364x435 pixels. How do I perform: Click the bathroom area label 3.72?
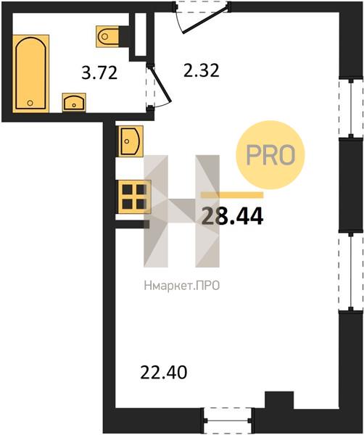(x=99, y=72)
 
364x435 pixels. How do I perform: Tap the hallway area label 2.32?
(x=202, y=70)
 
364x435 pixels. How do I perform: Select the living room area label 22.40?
(x=164, y=372)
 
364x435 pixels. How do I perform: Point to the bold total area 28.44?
(x=232, y=216)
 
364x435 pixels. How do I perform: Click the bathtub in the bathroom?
(x=30, y=73)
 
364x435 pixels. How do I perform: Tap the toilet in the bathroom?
(x=109, y=36)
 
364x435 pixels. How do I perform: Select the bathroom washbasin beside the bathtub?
(x=74, y=102)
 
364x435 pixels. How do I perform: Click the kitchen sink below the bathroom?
(x=131, y=141)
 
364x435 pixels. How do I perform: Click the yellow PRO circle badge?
(x=270, y=155)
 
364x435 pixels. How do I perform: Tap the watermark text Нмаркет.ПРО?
(x=182, y=286)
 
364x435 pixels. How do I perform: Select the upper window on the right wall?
(x=351, y=108)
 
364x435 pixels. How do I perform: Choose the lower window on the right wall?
(x=351, y=272)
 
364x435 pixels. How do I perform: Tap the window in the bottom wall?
(x=229, y=420)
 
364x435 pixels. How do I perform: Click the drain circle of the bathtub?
(x=30, y=103)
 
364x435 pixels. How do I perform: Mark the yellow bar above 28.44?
(x=232, y=195)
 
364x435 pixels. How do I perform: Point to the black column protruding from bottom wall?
(x=279, y=400)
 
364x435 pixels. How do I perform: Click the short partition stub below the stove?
(x=133, y=224)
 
